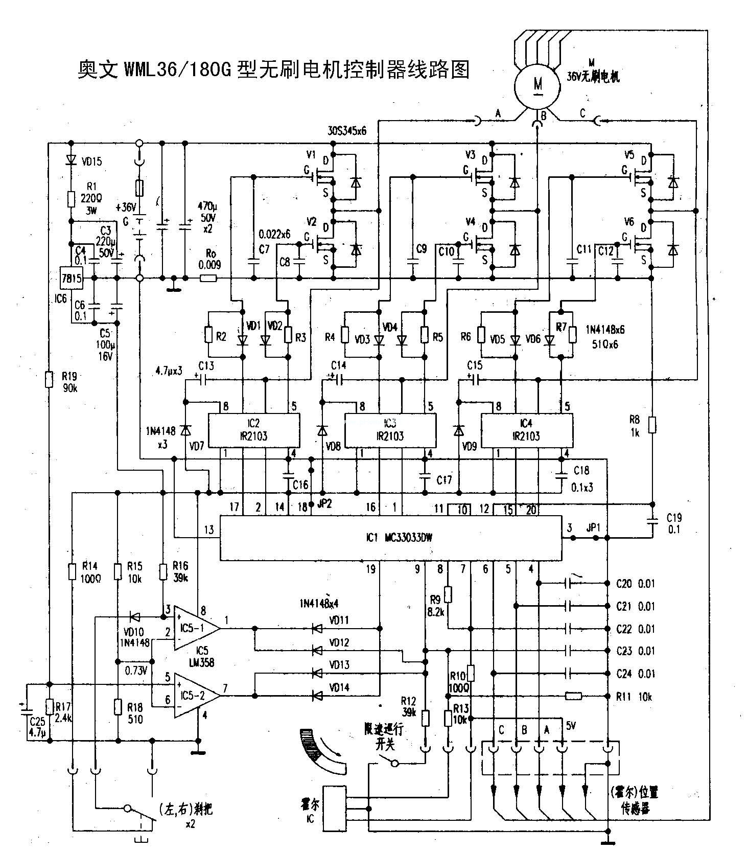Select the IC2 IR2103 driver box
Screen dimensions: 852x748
click(253, 430)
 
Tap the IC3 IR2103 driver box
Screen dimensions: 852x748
click(390, 430)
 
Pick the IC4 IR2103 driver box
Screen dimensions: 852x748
click(526, 430)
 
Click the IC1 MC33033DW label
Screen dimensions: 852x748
click(399, 537)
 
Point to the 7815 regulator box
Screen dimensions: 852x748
click(71, 279)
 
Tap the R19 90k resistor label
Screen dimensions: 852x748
click(69, 382)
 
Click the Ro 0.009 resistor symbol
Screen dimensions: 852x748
click(208, 279)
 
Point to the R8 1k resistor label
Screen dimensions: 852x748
click(634, 425)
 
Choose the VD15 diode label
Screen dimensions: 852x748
click(91, 162)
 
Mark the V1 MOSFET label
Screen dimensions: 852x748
click(311, 154)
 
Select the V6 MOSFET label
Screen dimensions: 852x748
click(629, 221)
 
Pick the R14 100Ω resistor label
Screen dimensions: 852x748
click(90, 572)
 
